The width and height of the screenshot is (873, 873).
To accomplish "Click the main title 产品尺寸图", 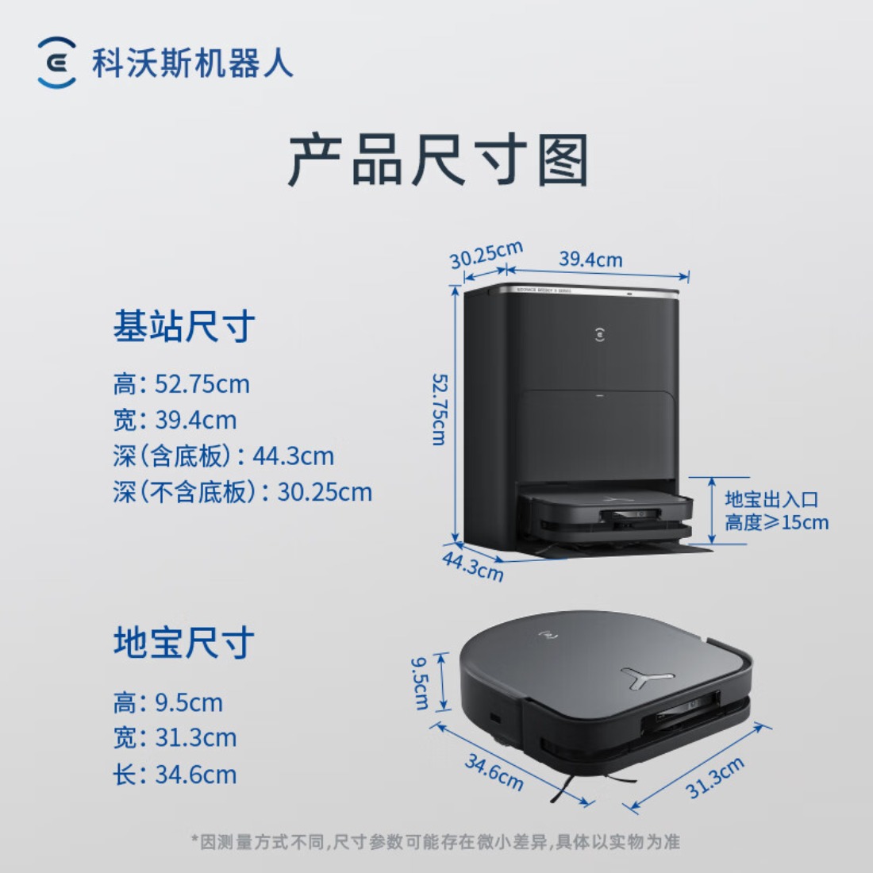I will [x=437, y=160].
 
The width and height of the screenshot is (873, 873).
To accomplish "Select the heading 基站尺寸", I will [x=184, y=326].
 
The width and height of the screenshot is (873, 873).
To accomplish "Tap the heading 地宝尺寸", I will [x=184, y=641].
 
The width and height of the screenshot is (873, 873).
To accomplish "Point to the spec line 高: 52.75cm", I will [x=181, y=384].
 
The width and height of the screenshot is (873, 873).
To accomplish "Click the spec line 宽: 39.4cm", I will [x=175, y=420].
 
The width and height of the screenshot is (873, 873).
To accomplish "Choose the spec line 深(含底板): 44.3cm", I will [x=223, y=456].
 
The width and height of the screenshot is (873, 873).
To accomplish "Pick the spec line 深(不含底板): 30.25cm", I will [x=242, y=492].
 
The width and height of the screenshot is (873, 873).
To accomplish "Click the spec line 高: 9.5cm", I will [x=167, y=702].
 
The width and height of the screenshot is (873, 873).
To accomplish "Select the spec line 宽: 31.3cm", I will [x=175, y=738].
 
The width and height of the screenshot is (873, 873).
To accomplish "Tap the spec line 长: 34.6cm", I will [x=175, y=775].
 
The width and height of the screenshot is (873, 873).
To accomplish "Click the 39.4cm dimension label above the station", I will [x=590, y=260].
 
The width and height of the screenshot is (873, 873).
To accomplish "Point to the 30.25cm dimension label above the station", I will [x=486, y=255].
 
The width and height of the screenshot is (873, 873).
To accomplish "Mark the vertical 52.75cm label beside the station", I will [x=438, y=410].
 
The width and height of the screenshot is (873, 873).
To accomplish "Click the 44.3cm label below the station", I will [x=473, y=566].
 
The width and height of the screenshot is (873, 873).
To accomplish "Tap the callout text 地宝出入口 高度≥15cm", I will [x=775, y=511].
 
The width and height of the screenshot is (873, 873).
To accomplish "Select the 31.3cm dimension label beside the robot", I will [x=715, y=778].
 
